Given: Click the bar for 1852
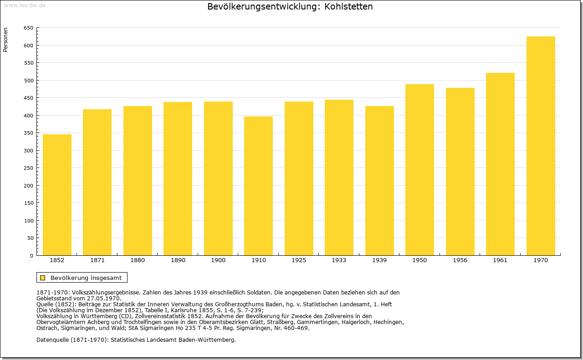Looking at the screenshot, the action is (x=57, y=195).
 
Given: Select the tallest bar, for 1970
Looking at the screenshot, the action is (x=541, y=146).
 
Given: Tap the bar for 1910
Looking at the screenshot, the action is (x=258, y=186).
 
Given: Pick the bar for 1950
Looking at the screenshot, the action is (x=419, y=170).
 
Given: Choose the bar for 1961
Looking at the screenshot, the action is (x=500, y=164).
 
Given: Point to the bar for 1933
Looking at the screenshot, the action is (x=339, y=177).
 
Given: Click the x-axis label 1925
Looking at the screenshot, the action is (x=299, y=260).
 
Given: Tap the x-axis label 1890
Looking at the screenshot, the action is (x=178, y=260).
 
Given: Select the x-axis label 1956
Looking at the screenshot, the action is (x=460, y=260).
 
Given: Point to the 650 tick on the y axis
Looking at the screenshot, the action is (x=28, y=28).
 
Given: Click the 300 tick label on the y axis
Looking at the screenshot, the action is (x=28, y=151).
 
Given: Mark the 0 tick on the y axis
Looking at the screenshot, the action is (x=31, y=256).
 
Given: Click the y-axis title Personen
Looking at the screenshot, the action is (x=5, y=40).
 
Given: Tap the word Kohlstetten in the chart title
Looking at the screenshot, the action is (x=348, y=6).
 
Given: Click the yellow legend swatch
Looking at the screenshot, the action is (x=43, y=278).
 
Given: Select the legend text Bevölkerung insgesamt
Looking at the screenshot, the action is (x=86, y=278).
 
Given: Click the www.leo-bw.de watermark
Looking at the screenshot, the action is (x=25, y=5).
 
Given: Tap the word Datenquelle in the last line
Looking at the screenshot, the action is (x=52, y=340).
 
